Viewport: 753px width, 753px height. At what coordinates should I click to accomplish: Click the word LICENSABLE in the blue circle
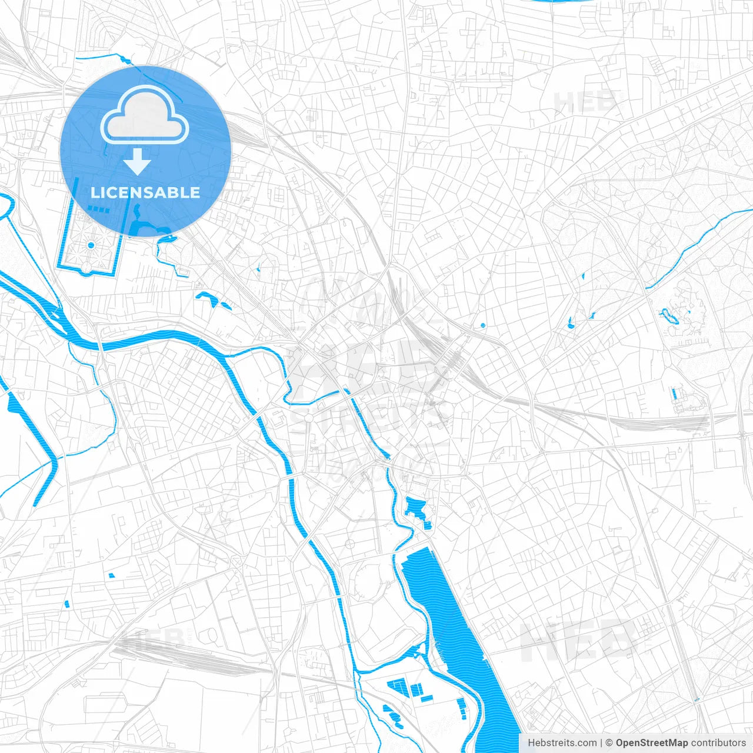tap(145, 192)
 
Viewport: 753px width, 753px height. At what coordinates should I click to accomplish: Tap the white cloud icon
tap(145, 115)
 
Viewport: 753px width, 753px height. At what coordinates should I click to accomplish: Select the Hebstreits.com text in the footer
tap(562, 743)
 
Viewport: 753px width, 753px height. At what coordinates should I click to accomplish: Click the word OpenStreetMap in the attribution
tap(651, 743)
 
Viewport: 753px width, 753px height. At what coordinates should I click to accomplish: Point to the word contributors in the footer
tap(718, 743)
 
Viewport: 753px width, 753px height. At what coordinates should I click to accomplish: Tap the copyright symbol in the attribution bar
tap(609, 743)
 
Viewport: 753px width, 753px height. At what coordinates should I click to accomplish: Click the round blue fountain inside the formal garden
tap(91, 245)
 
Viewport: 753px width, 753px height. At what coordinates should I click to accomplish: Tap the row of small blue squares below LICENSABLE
tap(99, 209)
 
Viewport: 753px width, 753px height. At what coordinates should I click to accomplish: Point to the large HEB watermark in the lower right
tap(579, 641)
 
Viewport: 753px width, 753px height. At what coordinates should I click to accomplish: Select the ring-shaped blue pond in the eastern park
tap(669, 316)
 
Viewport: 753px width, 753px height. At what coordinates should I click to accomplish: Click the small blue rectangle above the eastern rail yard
tap(675, 393)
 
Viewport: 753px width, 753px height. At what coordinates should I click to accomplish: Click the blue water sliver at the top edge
tap(559, 1)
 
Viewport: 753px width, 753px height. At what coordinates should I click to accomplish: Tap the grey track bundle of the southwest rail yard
tap(176, 656)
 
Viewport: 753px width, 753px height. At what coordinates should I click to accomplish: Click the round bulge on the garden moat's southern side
tap(86, 269)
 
